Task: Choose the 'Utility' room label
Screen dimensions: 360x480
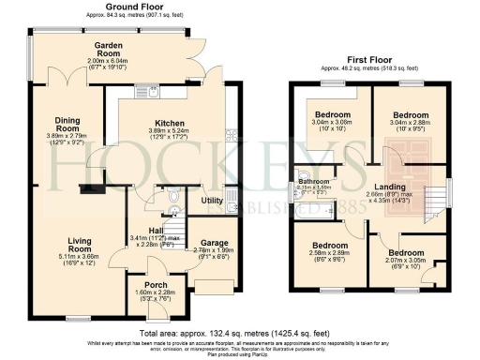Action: (211, 201)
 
